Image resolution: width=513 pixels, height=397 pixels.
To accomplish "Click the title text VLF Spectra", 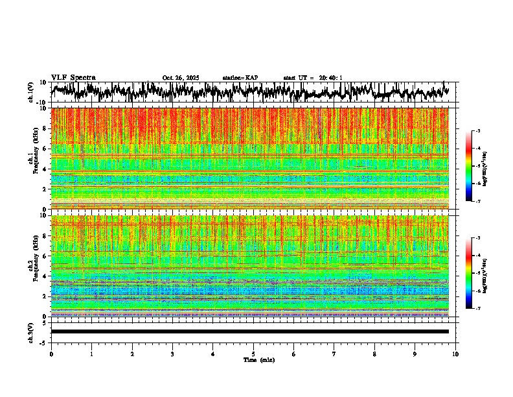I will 73,77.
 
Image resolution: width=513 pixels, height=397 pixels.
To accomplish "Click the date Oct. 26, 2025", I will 181,78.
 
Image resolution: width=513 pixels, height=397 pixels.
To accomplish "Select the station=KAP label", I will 240,78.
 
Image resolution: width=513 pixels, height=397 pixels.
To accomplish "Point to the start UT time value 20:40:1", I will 330,78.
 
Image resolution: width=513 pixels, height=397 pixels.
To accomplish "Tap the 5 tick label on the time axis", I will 253,354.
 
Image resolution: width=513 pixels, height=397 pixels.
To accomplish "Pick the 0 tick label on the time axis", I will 51,354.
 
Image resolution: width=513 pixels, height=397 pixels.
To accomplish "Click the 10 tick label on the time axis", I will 455,354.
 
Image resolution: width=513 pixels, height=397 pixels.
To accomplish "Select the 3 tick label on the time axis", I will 172,354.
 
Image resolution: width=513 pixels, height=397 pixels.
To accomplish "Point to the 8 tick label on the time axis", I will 374,354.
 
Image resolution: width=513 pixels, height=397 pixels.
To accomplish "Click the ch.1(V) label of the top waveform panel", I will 30,92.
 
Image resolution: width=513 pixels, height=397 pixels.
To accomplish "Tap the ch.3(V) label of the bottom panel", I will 30,331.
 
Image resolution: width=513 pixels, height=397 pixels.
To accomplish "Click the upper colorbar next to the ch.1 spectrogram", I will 477,166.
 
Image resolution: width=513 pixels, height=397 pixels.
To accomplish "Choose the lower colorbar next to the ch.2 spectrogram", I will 477,273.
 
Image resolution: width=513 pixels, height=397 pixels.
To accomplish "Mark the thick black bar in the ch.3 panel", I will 249,331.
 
